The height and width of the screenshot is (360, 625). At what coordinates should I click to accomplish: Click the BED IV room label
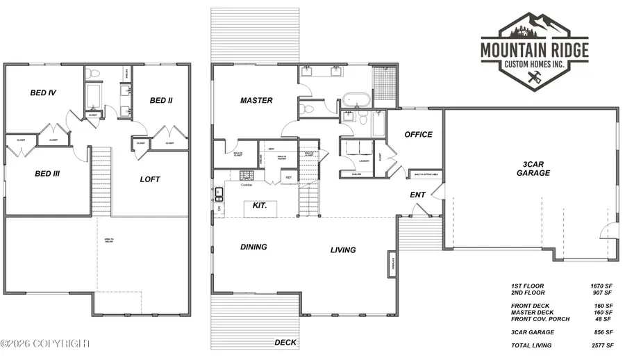[x=43, y=92]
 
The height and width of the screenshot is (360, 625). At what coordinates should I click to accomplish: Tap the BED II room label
[x=161, y=101]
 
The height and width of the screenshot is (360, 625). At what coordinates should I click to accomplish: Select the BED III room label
[x=47, y=174]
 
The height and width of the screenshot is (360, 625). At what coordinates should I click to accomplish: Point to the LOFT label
[x=150, y=179]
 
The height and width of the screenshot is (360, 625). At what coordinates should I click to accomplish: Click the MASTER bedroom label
[x=256, y=101]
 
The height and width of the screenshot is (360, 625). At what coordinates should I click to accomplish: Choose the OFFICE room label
[x=418, y=135]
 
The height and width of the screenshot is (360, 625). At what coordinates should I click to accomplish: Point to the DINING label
[x=253, y=247]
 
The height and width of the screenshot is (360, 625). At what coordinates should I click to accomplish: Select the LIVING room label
[x=343, y=250]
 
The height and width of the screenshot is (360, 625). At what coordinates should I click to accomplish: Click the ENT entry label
[x=417, y=195]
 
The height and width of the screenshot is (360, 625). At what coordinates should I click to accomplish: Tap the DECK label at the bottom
[x=285, y=342]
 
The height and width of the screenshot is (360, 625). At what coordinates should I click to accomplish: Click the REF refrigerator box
[x=289, y=178]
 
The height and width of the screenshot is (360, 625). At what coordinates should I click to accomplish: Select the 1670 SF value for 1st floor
[x=600, y=286]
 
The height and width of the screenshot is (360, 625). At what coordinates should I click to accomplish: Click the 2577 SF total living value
[x=600, y=345]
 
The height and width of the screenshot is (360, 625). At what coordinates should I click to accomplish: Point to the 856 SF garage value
[x=600, y=332]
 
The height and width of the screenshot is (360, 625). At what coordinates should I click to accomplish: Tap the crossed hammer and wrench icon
[x=534, y=80]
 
